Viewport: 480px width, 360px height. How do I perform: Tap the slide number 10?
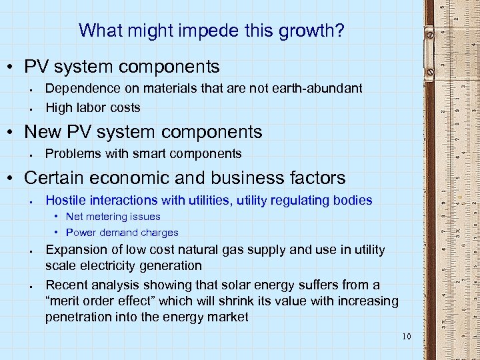(x=407, y=336)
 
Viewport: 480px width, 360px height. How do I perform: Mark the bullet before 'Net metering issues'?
(x=57, y=217)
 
